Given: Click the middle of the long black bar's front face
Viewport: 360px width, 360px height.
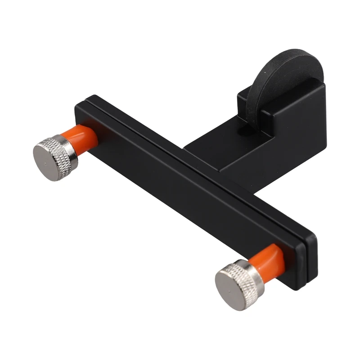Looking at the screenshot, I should tap(189, 189).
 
